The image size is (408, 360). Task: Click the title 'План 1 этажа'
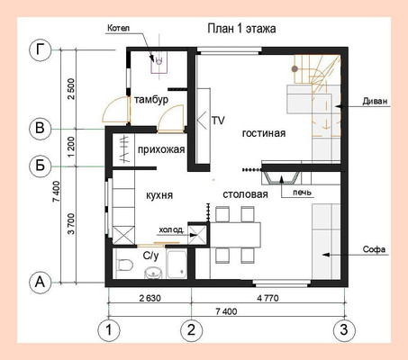point(241,29)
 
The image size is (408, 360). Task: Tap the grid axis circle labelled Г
point(41,50)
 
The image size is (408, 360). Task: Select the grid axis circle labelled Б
point(41,166)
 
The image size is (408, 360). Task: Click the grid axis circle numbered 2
point(191,329)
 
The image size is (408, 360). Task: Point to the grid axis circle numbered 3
point(344,329)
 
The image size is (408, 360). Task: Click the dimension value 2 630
point(150,298)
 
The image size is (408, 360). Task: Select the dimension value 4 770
point(267,298)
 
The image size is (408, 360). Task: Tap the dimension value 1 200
point(71,147)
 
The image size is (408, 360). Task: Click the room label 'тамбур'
point(151,100)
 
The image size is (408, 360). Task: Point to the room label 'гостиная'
point(264,133)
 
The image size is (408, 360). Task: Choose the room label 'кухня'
point(159,195)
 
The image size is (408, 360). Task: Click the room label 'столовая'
point(245,194)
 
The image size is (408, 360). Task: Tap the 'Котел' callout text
point(119,29)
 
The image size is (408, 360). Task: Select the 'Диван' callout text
point(375,102)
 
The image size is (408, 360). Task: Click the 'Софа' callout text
point(374,249)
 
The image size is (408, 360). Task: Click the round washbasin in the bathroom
point(154,273)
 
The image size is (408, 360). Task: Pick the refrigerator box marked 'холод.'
point(197,235)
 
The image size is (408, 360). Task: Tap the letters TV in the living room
point(218,121)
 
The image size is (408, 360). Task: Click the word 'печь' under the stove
point(303,193)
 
